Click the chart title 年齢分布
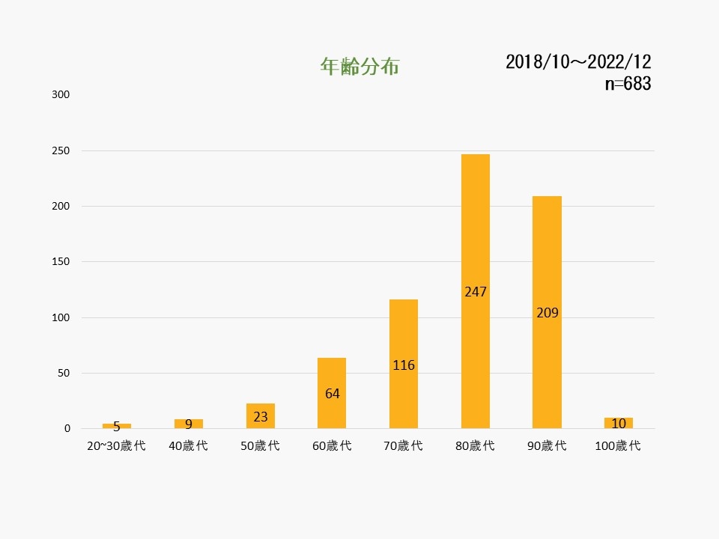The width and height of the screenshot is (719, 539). (x=359, y=67)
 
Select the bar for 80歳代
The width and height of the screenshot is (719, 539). (x=476, y=225)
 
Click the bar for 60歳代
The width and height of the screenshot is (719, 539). (x=332, y=374)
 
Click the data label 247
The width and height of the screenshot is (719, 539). (x=476, y=291)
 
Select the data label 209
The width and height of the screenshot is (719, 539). (x=547, y=312)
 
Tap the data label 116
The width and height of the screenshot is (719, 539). (x=404, y=365)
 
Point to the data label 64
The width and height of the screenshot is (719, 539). (x=332, y=393)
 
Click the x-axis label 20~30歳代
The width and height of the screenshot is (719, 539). (x=116, y=446)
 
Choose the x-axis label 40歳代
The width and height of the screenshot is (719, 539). (x=188, y=446)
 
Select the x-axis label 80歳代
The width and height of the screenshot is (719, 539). (x=476, y=446)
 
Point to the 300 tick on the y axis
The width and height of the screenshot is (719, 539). (x=61, y=95)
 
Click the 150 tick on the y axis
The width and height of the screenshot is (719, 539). (x=61, y=262)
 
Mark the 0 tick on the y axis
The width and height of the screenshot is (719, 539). (x=67, y=429)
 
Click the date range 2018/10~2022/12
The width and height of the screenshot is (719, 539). (x=578, y=61)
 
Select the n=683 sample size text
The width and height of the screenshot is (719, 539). (x=628, y=84)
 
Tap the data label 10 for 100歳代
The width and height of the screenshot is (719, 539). (x=619, y=424)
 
